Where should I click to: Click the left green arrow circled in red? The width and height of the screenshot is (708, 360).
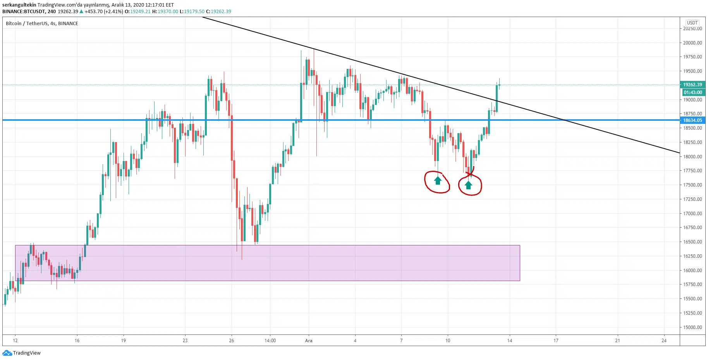coord(438,180)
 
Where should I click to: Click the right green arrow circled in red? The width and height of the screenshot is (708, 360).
coord(469,185)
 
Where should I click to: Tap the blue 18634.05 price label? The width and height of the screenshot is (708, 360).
coord(693,120)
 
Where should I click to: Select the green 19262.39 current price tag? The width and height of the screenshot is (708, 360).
coord(693,85)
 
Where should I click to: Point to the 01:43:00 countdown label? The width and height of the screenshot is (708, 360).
coord(693,93)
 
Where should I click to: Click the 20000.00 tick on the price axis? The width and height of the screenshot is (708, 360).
coord(693,43)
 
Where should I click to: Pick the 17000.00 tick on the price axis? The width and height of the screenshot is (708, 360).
coord(693,214)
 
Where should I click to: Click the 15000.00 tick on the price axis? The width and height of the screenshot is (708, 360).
coord(693,327)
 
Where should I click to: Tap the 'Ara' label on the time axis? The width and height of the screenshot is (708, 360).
coord(309,341)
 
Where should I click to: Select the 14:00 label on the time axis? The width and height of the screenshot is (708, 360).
coord(270,341)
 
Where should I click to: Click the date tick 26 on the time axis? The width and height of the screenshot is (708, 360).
coord(232,341)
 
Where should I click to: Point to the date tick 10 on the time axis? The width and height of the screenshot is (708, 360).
coord(448,341)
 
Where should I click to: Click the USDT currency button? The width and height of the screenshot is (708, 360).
coord(692,23)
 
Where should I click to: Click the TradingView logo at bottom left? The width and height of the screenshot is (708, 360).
coord(22,353)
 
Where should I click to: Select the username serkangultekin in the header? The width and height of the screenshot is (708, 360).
coord(19,5)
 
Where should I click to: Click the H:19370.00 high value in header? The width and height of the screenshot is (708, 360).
coord(165,12)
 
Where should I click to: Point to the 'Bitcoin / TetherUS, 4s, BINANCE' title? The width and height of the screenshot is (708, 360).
coord(42,24)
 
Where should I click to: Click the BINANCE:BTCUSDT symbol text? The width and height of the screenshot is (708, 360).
coord(24,12)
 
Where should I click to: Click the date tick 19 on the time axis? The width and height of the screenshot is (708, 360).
coord(123,341)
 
